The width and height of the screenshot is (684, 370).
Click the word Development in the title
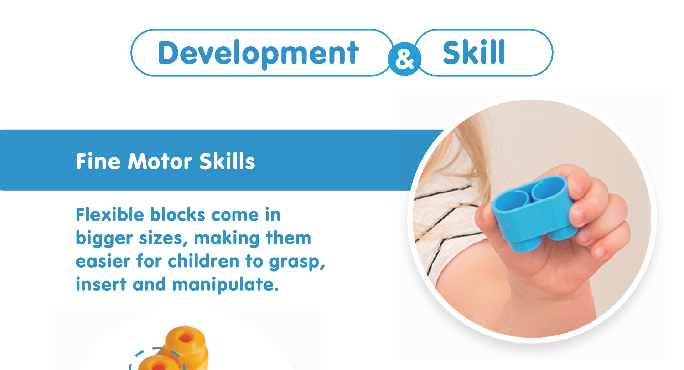(x=258, y=54)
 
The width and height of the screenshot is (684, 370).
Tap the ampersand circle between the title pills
(x=404, y=59)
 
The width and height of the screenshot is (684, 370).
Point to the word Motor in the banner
(x=160, y=161)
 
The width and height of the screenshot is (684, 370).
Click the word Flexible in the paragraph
(x=110, y=215)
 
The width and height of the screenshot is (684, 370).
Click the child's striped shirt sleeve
(x=445, y=228)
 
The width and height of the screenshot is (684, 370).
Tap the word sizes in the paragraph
(x=163, y=238)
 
